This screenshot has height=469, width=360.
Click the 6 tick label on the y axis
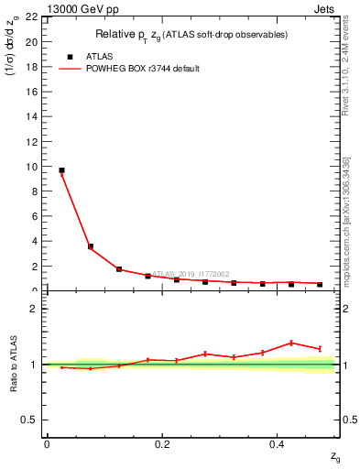tap(35, 217)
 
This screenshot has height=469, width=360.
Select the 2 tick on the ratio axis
tap(35, 309)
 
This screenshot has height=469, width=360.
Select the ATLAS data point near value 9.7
tap(61, 170)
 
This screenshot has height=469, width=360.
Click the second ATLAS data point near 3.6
tap(90, 246)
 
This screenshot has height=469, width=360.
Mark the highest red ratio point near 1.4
tap(291, 343)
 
